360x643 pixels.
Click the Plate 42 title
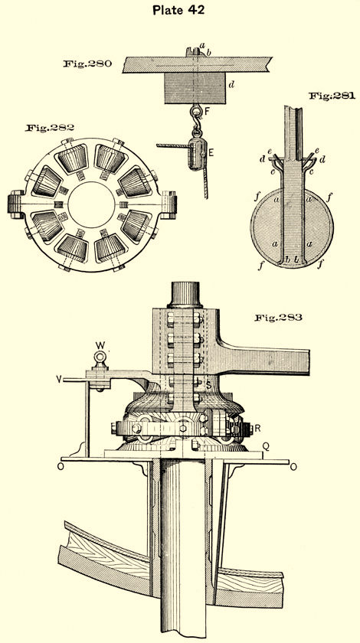click(178, 10)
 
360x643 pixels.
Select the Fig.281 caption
click(332, 96)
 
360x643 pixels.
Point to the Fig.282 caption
click(49, 128)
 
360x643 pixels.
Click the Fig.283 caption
click(278, 318)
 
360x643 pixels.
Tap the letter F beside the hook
click(208, 111)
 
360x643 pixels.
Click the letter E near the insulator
click(211, 152)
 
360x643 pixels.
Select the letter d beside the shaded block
click(232, 85)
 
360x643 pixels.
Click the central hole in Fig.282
click(92, 204)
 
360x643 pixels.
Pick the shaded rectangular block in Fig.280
click(195, 88)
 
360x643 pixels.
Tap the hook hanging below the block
click(197, 117)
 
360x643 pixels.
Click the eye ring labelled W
click(100, 357)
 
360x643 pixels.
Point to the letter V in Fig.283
click(60, 380)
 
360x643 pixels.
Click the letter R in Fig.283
click(257, 429)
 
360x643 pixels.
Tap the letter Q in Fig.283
click(266, 446)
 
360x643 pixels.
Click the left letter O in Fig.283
click(61, 467)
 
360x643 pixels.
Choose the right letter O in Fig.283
click(293, 467)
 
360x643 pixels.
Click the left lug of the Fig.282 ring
click(16, 204)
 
